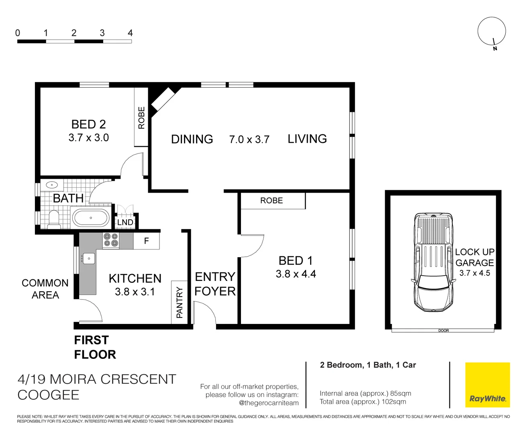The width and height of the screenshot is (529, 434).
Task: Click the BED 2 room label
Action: pos(88,124)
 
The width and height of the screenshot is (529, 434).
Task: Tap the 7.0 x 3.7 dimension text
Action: pos(249,139)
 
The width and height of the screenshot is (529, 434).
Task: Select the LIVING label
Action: pos(307,139)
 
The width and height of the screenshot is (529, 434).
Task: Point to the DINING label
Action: pos(192,139)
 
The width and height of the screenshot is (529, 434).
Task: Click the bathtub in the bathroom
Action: pos(91,218)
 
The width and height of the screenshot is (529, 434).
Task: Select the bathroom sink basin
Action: pos(52,185)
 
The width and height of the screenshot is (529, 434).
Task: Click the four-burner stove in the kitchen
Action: pos(111,240)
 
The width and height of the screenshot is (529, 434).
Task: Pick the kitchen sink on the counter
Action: pos(88,258)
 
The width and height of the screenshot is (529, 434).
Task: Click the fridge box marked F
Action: pos(146,241)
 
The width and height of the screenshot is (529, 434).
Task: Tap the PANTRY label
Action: pos(180,302)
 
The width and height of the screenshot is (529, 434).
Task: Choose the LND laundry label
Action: pos(125,222)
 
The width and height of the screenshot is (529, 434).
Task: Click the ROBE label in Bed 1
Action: pos(272,201)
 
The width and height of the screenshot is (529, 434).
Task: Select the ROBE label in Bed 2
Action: pos(141,118)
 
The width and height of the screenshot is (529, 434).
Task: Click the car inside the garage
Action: pos(432,262)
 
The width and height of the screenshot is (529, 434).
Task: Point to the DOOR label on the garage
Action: pos(443,330)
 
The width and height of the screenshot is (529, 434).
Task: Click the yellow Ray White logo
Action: pos(487,385)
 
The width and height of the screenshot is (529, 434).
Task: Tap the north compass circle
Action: pos(491,31)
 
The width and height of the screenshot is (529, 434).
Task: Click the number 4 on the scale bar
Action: pos(130,33)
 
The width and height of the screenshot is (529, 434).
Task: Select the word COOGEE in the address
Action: pos(48,395)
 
